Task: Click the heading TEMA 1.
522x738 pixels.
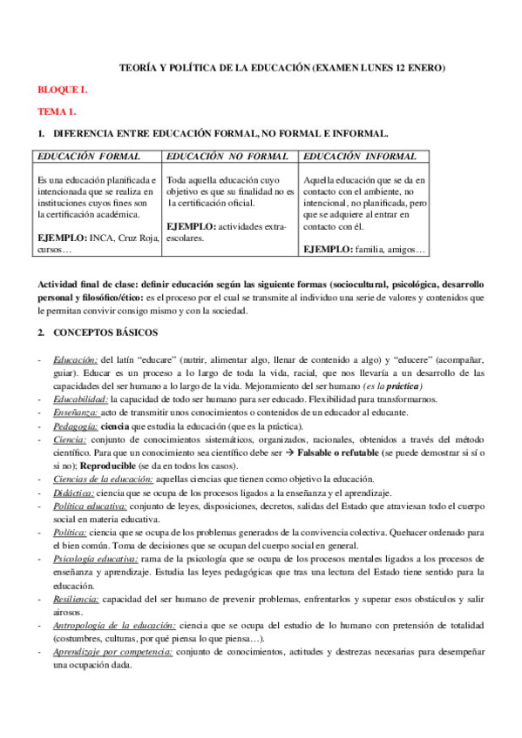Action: (57, 111)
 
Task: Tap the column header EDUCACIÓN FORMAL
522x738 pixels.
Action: (87, 157)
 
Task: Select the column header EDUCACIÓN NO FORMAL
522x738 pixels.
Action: (221, 157)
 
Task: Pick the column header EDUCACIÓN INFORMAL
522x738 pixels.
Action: (361, 157)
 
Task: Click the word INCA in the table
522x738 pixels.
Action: (102, 238)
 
